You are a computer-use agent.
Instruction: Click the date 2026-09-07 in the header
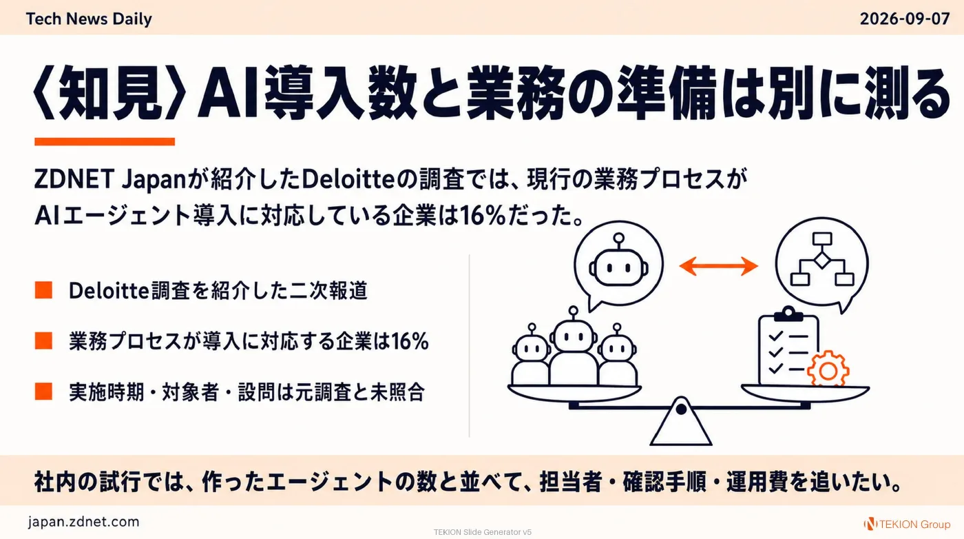905,19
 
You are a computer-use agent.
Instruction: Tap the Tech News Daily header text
89,19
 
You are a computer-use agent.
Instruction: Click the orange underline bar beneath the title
105,142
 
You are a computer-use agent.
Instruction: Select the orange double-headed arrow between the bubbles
718,266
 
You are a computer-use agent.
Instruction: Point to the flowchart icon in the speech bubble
822,259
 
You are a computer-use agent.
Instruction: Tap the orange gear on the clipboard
828,369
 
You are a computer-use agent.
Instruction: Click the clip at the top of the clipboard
788,314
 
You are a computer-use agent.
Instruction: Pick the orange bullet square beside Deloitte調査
43,290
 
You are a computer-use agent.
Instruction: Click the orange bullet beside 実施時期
43,391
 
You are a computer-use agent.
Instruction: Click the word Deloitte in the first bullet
109,290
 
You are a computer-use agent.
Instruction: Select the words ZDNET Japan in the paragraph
109,179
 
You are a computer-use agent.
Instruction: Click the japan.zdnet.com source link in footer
83,522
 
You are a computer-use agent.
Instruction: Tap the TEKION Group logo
907,524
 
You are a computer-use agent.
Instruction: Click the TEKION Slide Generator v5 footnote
483,532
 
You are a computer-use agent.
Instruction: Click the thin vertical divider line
469,345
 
